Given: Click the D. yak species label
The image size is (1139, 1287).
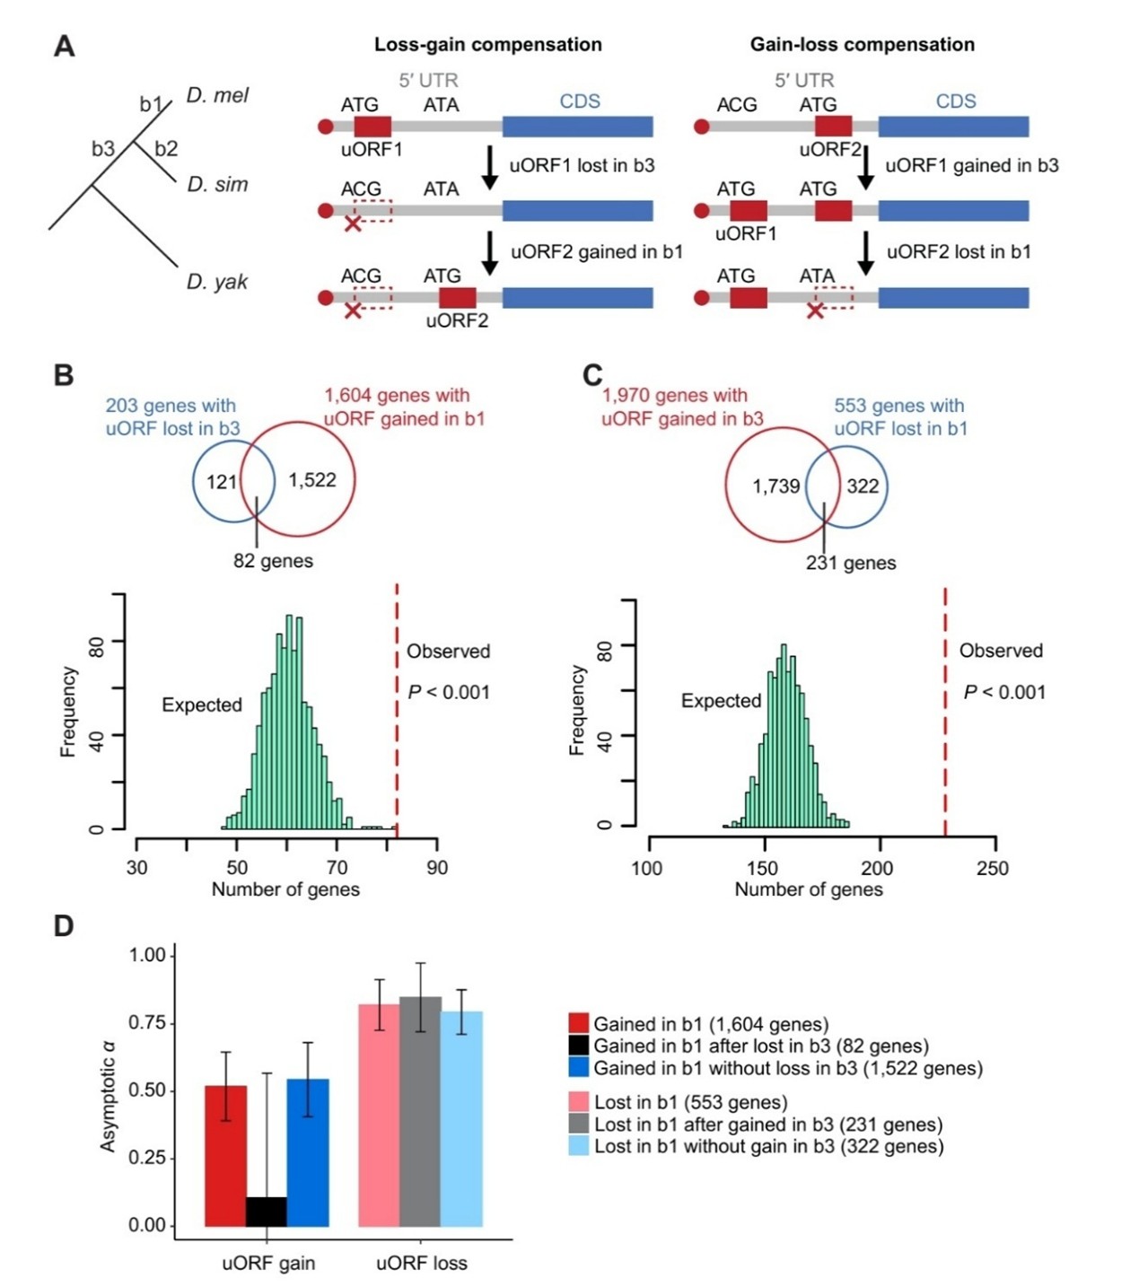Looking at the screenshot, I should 216,282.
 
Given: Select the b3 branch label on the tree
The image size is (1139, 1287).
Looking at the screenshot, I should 103,149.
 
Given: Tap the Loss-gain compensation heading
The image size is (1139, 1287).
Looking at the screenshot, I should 487,45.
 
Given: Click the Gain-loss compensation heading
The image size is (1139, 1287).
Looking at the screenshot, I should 862,45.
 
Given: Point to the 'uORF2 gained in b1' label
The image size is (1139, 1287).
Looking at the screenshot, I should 597,252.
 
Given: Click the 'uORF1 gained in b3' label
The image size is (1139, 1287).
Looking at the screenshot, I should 972,166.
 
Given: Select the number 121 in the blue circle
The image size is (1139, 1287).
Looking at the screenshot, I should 221,482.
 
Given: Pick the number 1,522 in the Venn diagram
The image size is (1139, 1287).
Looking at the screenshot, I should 311,480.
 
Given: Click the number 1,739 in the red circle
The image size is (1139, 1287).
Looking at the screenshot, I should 775,486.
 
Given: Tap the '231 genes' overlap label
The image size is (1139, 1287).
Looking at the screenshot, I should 850,564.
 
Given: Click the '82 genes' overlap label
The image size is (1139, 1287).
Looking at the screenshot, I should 273,562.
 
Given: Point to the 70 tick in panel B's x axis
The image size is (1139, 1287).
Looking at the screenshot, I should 337,868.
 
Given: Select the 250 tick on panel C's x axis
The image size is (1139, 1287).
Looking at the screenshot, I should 993,869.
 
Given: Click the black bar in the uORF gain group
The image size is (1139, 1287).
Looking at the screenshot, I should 267,1212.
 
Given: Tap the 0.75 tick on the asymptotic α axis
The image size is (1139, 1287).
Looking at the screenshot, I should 147,1023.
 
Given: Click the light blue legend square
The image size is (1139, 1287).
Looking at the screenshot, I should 579,1146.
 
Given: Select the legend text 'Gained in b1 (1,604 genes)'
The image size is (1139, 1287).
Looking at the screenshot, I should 711,1024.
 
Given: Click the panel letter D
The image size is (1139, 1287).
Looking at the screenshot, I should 64,926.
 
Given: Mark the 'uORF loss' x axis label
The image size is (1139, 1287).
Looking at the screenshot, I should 421,1264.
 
